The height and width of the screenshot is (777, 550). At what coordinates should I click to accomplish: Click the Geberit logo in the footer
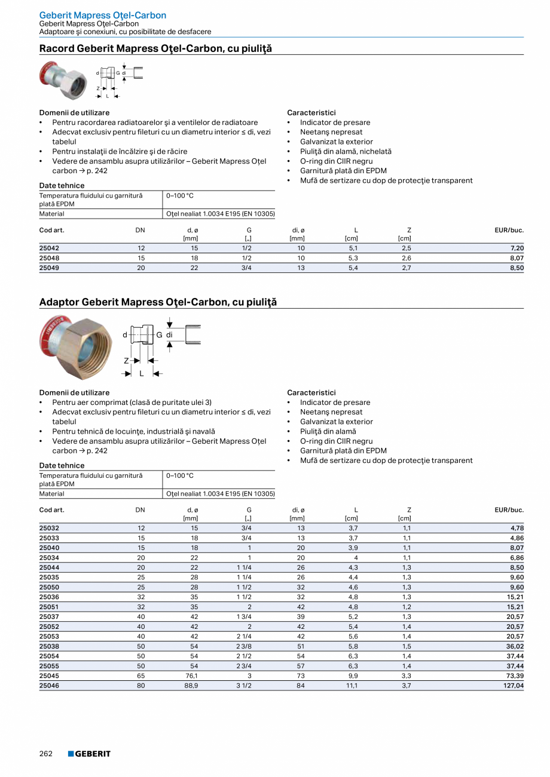click(x=89, y=754)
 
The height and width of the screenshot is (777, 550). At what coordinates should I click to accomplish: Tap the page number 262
click(x=46, y=754)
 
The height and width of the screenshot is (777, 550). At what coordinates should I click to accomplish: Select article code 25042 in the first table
click(x=49, y=248)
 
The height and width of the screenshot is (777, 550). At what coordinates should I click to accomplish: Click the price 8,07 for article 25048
click(x=517, y=258)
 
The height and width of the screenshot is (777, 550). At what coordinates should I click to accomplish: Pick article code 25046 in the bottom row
click(x=49, y=686)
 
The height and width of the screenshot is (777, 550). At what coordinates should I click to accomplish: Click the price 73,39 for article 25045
click(x=515, y=676)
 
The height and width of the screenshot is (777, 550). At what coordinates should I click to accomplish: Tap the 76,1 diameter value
click(x=192, y=676)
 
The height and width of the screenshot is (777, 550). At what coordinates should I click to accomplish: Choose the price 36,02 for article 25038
click(x=515, y=647)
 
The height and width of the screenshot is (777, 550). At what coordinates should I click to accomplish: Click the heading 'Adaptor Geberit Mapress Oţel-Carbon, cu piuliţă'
click(x=158, y=303)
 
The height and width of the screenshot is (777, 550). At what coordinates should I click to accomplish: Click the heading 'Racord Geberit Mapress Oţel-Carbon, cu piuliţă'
click(x=155, y=49)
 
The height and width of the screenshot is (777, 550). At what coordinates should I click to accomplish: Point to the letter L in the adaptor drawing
click(x=142, y=374)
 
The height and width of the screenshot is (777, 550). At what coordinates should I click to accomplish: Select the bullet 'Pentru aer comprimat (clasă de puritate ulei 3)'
click(x=132, y=403)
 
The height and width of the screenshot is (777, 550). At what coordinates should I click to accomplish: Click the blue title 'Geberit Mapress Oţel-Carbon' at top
click(x=103, y=15)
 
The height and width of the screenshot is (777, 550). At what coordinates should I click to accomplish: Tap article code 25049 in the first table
click(x=49, y=268)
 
